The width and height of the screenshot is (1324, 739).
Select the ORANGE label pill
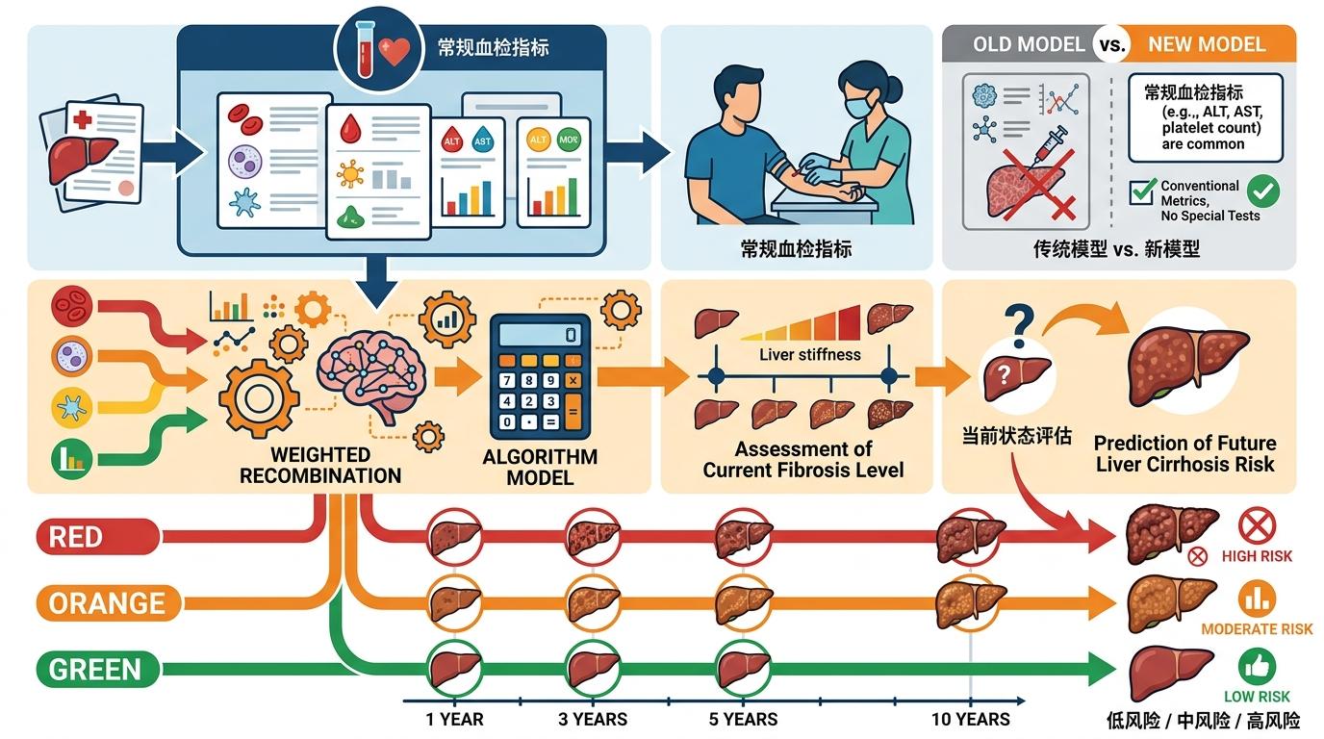coord(106,603)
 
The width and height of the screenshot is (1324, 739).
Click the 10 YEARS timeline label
coord(970,720)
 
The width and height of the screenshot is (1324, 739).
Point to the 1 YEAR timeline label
coord(454,720)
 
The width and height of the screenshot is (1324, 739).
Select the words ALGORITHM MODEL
coord(540,467)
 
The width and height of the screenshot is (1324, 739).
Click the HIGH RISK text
coord(1257,556)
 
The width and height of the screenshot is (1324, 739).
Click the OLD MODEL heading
coord(1029,44)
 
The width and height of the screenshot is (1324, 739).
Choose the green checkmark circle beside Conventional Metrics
coord(1262,191)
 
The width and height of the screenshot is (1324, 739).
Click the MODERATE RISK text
coord(1257,629)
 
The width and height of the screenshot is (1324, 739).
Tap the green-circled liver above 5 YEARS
coord(743,667)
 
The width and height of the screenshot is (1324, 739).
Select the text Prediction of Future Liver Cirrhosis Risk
coord(1184,453)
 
